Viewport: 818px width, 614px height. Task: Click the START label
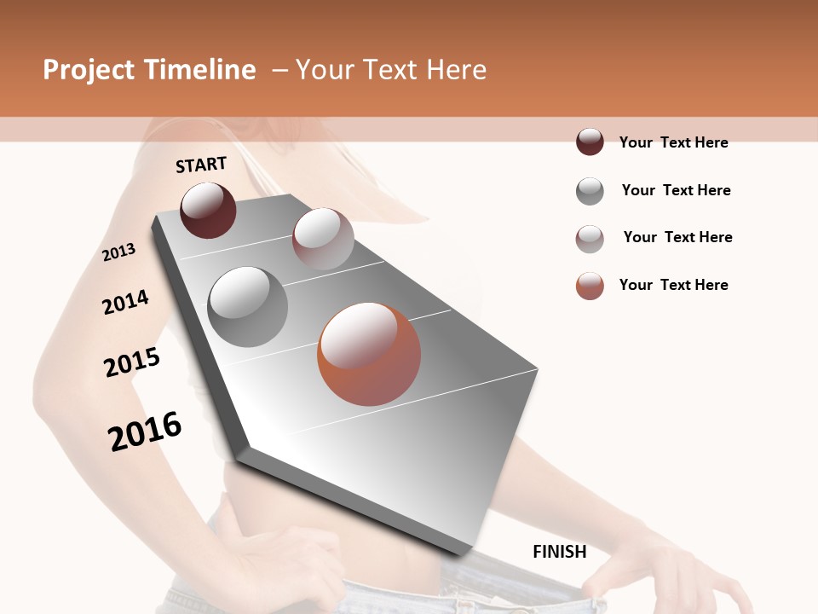click(x=201, y=164)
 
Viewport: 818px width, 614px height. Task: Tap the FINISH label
click(x=559, y=552)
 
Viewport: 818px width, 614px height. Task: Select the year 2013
click(x=119, y=252)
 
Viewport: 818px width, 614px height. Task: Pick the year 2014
click(x=125, y=302)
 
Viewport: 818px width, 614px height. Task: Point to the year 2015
click(x=132, y=362)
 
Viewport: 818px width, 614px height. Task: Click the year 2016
click(x=145, y=432)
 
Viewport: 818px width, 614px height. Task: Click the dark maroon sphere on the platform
click(x=208, y=210)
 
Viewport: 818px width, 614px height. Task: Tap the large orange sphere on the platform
click(x=369, y=354)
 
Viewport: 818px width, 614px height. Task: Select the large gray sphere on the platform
click(x=248, y=307)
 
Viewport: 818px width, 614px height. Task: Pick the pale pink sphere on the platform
click(x=323, y=239)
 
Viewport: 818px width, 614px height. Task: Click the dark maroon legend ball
click(x=590, y=142)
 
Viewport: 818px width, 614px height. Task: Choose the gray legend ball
click(x=590, y=191)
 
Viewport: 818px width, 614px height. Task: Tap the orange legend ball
click(x=590, y=286)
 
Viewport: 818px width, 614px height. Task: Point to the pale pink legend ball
click(x=590, y=239)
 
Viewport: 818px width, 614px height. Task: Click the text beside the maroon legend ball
click(x=673, y=142)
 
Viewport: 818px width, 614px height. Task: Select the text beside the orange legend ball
click(x=673, y=285)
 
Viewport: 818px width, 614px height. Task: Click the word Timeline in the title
click(x=201, y=70)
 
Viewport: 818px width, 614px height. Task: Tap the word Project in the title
click(x=89, y=70)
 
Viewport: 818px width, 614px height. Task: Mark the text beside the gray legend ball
click(x=676, y=190)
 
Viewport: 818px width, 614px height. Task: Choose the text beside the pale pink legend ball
click(x=677, y=237)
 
